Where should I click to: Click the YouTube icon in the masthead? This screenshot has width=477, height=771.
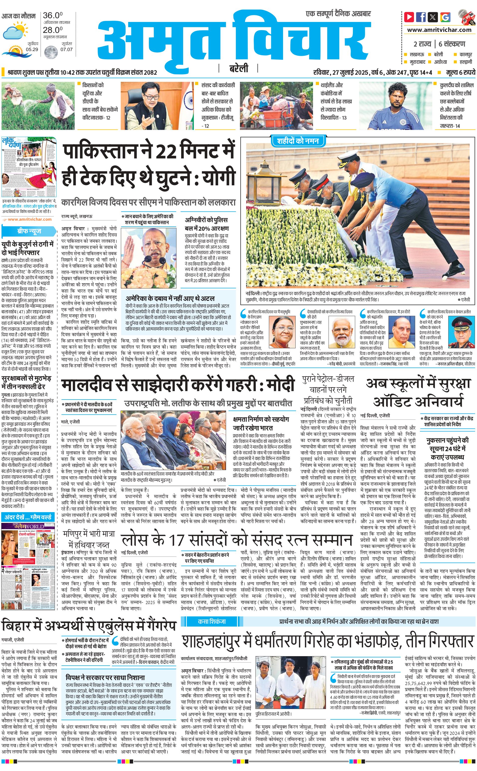point(409,17)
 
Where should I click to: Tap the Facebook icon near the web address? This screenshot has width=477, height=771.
point(421,17)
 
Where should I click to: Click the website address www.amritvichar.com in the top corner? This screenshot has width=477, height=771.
point(439,30)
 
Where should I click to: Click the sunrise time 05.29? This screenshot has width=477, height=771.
point(32,50)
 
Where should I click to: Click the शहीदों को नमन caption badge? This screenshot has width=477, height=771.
point(298,141)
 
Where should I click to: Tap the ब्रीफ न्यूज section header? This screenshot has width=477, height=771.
point(29,231)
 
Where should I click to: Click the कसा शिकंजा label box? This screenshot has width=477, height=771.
point(212,622)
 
